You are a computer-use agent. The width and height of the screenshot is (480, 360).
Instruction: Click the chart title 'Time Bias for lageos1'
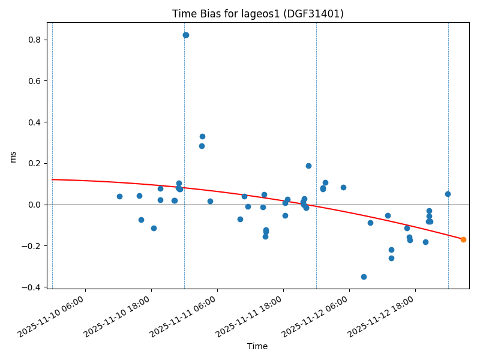coord(257,14)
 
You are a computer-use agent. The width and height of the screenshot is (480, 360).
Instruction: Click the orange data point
coord(463,239)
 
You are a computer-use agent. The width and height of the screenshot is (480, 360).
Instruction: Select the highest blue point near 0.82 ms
coord(186,35)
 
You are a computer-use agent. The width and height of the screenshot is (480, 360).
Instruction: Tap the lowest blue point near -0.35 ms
coord(364,277)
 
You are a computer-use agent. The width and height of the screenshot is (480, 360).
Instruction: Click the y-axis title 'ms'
coord(13,156)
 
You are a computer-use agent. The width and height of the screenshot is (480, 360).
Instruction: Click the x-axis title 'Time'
coord(257,346)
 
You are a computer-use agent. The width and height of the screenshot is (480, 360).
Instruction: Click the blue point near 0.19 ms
coord(308,166)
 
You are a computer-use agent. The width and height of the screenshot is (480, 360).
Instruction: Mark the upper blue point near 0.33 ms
coord(202,136)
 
